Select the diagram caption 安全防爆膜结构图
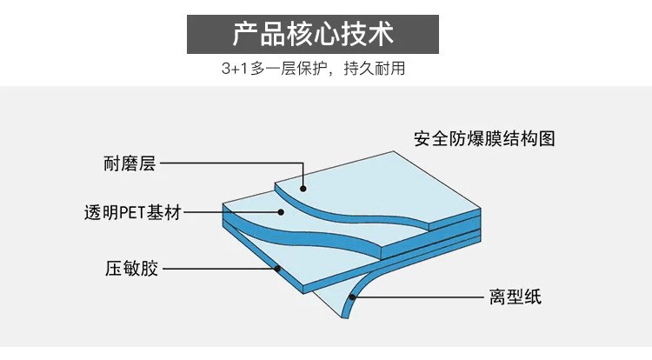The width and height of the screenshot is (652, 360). pyautogui.click(x=483, y=138)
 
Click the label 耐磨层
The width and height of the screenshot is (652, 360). pyautogui.click(x=128, y=163)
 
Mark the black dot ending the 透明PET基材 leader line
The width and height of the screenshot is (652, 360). pyautogui.click(x=281, y=212)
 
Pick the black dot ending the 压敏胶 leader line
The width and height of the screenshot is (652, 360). pyautogui.click(x=277, y=269)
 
